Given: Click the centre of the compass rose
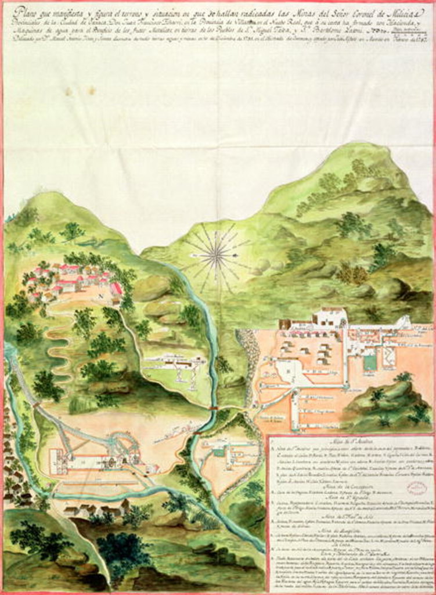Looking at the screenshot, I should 217,253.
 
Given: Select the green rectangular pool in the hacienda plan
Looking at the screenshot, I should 370,363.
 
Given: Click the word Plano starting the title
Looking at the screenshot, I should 26,10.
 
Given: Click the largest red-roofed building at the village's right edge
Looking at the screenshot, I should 116,289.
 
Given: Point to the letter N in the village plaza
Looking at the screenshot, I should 100,295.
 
